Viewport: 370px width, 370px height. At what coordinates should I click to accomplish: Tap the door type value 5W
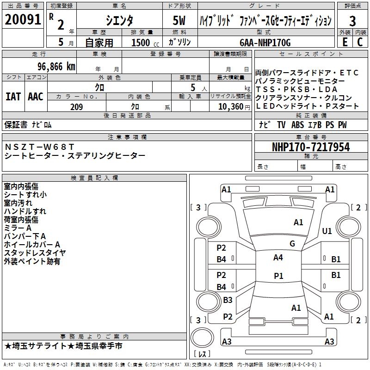pos(180,21)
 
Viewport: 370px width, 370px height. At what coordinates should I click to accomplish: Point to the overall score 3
pos(352,21)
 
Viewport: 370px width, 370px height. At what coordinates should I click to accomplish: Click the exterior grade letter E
pos(344,42)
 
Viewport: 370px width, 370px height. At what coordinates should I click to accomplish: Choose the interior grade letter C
pos(360,42)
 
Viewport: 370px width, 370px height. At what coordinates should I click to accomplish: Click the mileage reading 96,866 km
pos(53,66)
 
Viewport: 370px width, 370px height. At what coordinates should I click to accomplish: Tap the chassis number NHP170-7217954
pos(311,147)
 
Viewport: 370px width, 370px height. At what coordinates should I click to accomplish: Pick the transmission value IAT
pos(13,97)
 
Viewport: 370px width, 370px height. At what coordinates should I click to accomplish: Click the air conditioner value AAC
pos(35,97)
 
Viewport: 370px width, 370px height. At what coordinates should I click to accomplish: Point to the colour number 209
pos(76,107)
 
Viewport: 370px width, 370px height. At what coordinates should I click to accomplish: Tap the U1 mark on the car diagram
pos(327,231)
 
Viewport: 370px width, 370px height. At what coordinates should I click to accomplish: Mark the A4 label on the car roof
pos(278,258)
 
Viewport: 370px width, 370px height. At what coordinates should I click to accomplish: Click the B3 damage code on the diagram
pos(228,300)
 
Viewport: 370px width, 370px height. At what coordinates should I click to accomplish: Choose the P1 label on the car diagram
pos(278,276)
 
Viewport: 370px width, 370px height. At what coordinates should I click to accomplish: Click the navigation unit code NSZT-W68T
pos(39,147)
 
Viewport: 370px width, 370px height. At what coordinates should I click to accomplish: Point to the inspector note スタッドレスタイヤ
pos(35,253)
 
